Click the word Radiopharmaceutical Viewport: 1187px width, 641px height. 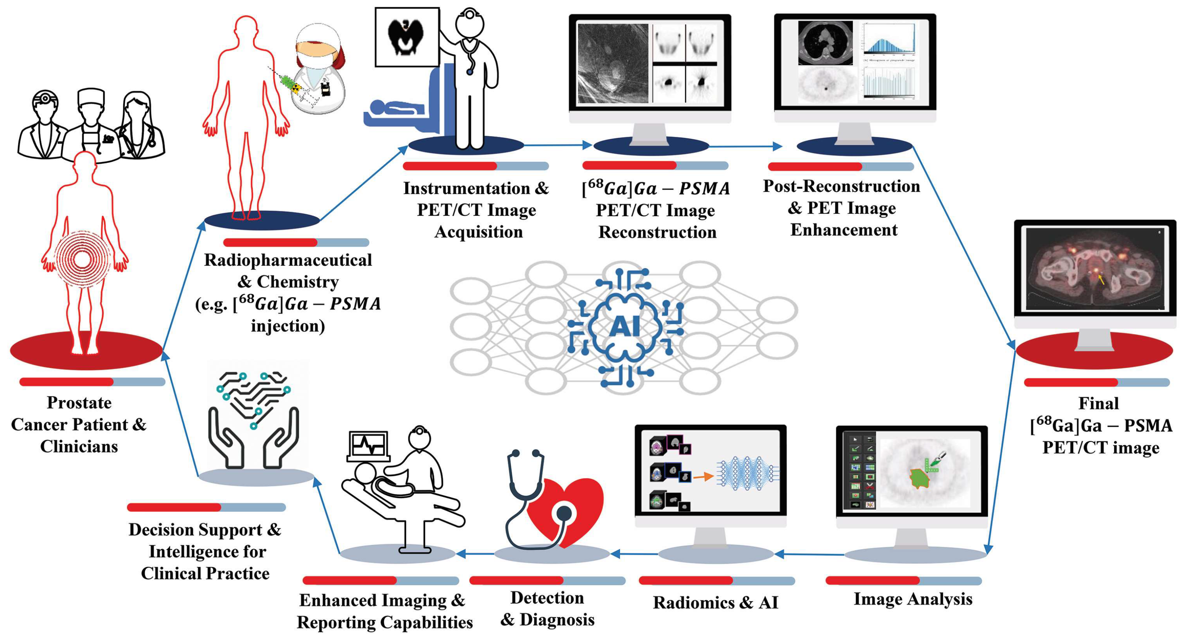pyautogui.click(x=288, y=260)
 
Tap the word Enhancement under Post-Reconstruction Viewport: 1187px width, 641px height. pyautogui.click(x=844, y=230)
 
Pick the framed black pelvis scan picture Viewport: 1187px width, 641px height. pyautogui.click(x=407, y=37)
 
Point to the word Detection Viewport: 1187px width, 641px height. pyautogui.click(x=547, y=598)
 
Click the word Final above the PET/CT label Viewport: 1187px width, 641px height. pyautogui.click(x=1098, y=403)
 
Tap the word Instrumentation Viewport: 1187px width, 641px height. pyautogui.click(x=466, y=188)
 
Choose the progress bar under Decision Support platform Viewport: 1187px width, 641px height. pyautogui.click(x=206, y=507)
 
